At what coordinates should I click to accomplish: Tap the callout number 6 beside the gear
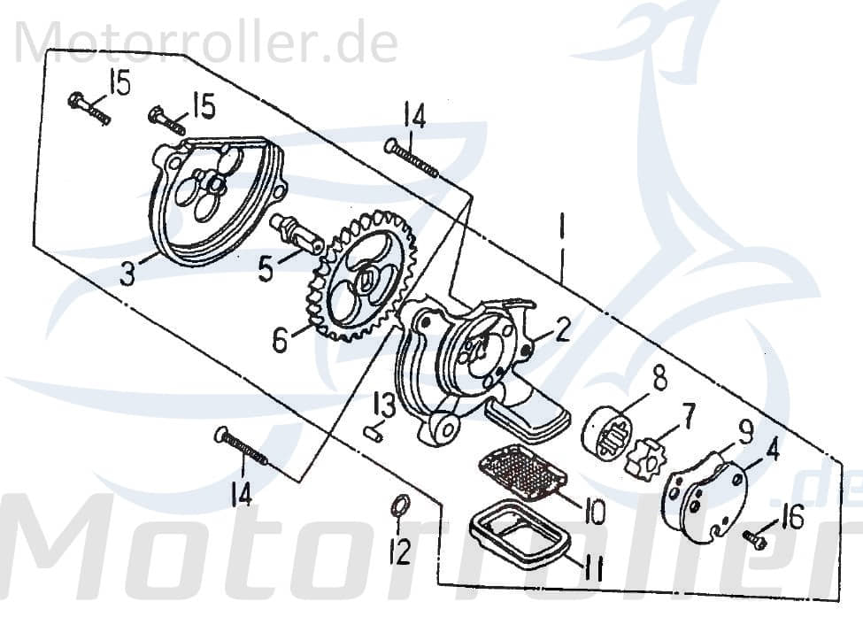point(280,339)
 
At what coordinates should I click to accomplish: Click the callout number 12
point(401,551)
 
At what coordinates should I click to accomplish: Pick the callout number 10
point(594,511)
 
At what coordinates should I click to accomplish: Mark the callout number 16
point(793,518)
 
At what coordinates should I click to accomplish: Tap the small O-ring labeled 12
point(400,507)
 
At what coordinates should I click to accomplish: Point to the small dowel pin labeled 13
point(373,432)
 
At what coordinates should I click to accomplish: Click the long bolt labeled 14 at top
point(412,158)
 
